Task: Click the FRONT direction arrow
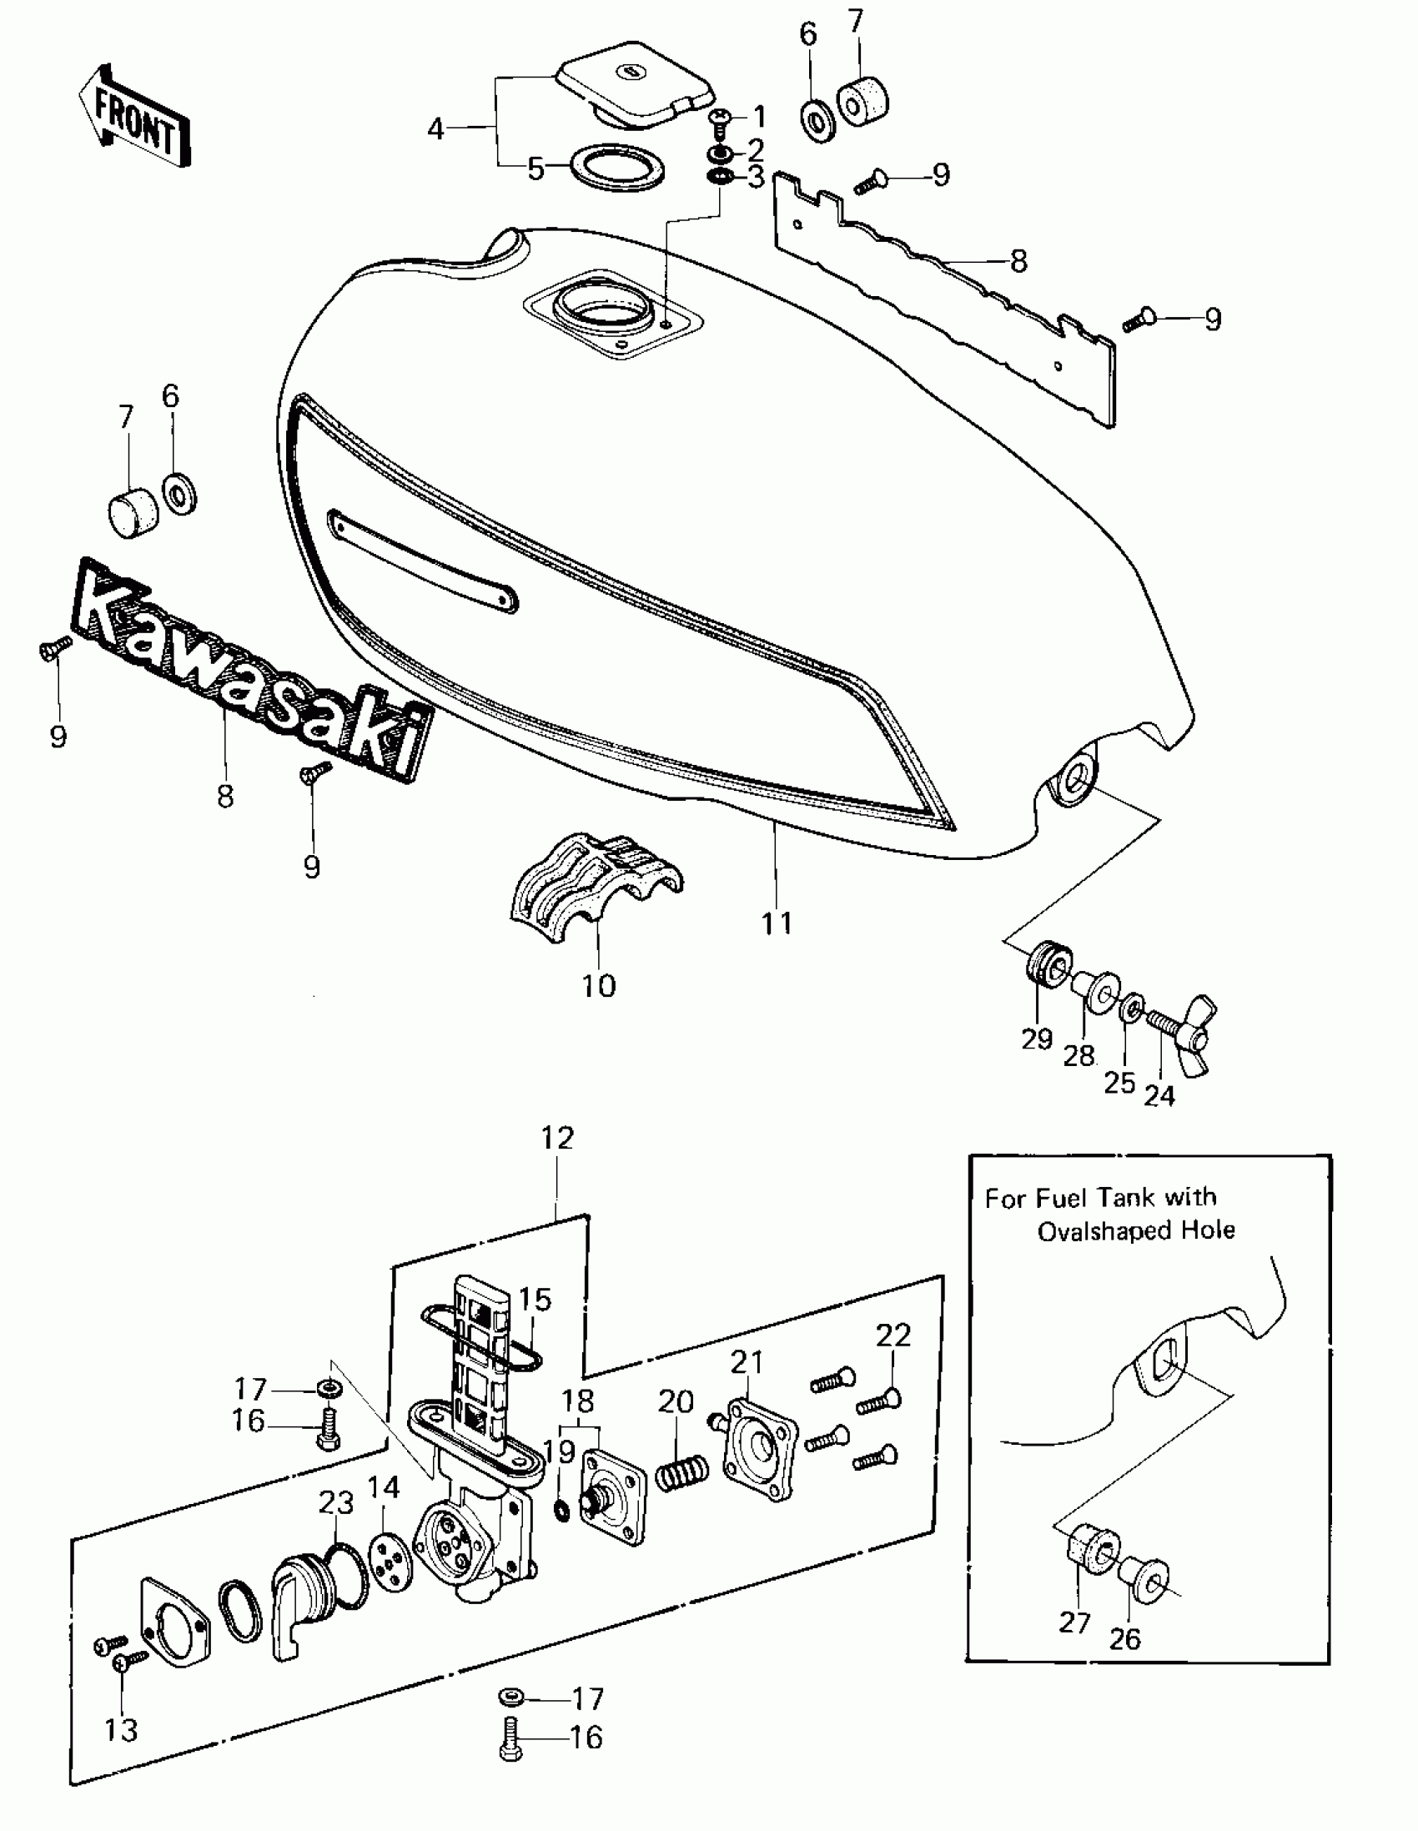tap(134, 118)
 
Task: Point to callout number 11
tap(777, 923)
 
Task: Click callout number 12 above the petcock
tap(558, 1139)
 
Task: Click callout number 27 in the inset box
tap(1074, 1622)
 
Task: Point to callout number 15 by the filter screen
tap(535, 1300)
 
